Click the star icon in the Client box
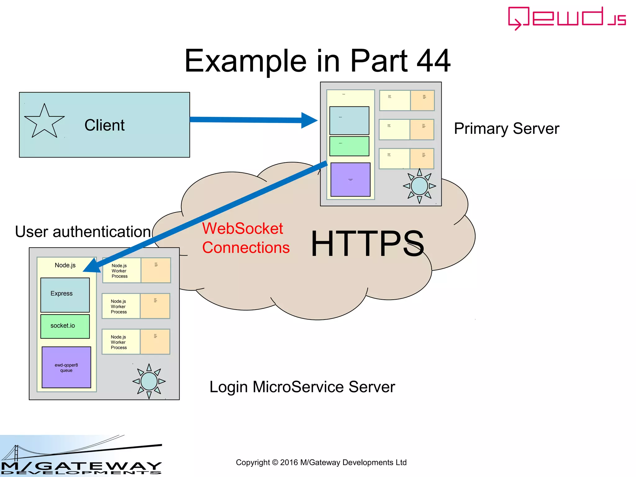pos(44,122)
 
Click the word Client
pos(104,125)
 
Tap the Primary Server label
pos(507,128)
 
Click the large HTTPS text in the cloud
pos(367,243)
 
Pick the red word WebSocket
pos(243,228)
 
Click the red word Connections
pos(246,248)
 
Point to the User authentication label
pos(83,232)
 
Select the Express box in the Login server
pos(65,295)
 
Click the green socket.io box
pos(65,326)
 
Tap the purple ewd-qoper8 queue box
pos(66,367)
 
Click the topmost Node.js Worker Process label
pos(120,271)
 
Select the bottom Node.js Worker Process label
pos(119,342)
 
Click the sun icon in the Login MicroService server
pos(149,381)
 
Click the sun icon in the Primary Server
pos(419,186)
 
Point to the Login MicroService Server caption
pos(302,387)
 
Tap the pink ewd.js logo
pos(566,18)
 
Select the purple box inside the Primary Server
pos(350,179)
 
